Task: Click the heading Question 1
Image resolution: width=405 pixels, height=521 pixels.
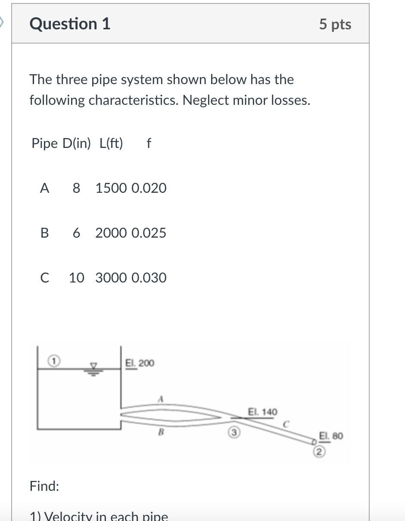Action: (70, 24)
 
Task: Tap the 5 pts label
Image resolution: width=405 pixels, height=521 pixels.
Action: (335, 24)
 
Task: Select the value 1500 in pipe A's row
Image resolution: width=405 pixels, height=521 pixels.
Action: (111, 188)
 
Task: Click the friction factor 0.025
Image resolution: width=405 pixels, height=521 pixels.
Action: (149, 233)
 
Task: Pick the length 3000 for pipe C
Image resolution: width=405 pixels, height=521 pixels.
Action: (111, 278)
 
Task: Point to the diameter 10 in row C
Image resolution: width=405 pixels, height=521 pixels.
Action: (77, 278)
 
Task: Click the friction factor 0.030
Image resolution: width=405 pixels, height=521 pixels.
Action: (149, 278)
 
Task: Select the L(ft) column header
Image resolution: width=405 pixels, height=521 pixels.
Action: (111, 143)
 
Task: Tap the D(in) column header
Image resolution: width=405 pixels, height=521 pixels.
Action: (77, 143)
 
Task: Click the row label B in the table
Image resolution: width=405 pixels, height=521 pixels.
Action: (44, 233)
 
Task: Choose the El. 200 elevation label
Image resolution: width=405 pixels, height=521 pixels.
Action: (139, 363)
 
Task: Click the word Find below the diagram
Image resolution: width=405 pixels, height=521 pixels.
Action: (44, 486)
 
